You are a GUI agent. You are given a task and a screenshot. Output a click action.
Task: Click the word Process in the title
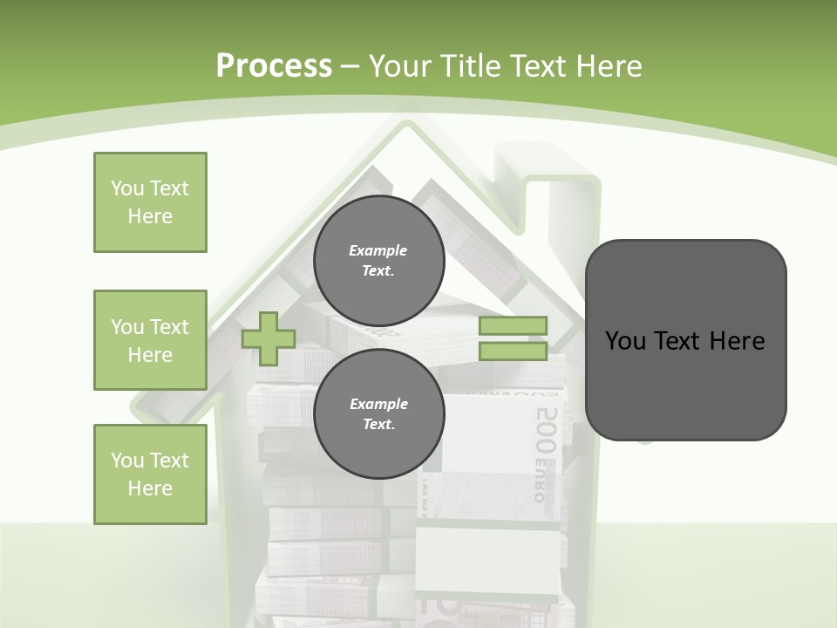tap(274, 66)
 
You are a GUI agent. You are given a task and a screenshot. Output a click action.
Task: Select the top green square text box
tap(150, 202)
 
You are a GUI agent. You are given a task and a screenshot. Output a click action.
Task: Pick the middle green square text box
tap(150, 340)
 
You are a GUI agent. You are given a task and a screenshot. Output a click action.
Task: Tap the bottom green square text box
tap(150, 474)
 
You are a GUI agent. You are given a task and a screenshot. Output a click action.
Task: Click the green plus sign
tap(269, 338)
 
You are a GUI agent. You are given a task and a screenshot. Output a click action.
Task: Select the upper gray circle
tap(378, 260)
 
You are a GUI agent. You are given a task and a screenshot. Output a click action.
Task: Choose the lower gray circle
tap(378, 413)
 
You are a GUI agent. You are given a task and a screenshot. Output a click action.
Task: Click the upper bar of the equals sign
tap(513, 326)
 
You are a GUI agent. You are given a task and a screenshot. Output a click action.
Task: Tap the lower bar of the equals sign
tap(513, 352)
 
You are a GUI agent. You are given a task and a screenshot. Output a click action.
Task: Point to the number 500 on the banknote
tap(547, 428)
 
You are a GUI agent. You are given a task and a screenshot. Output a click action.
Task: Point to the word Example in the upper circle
tap(378, 250)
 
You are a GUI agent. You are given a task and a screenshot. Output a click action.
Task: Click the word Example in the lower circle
tap(378, 404)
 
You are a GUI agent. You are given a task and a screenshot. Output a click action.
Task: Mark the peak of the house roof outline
tap(403, 123)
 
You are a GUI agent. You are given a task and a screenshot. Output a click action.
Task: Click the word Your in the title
tap(399, 66)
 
